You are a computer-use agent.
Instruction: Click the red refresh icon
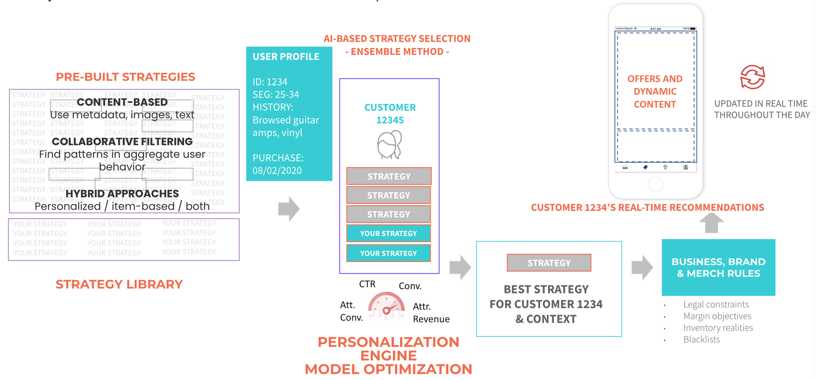[752, 77]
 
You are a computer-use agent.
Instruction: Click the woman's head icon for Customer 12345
[389, 145]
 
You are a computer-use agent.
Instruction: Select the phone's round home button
[655, 184]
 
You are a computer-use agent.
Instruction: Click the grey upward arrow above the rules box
[711, 223]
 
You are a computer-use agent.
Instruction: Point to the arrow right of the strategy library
[289, 209]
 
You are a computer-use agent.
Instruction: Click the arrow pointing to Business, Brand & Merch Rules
[642, 267]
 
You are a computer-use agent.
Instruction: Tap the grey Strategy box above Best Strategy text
[549, 263]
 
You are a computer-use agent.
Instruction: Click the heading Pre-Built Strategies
[125, 77]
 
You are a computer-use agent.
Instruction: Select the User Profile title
[286, 57]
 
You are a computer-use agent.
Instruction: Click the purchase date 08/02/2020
[277, 171]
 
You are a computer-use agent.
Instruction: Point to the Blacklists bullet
[701, 340]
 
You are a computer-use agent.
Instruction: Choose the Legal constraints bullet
[716, 304]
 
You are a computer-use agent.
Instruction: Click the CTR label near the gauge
[367, 284]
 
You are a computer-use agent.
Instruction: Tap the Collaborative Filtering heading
[122, 142]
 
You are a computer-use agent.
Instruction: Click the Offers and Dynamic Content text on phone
[655, 91]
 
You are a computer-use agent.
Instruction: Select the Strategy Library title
[119, 284]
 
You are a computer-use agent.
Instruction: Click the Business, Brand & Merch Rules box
[718, 267]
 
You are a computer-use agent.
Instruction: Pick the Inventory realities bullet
[718, 328]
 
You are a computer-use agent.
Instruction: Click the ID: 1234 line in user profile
[270, 82]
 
